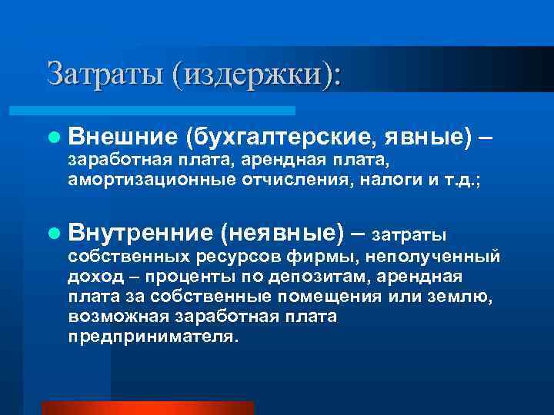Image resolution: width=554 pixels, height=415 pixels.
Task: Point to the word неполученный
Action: tap(435, 256)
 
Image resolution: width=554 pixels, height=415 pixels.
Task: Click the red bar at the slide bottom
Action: tap(147, 408)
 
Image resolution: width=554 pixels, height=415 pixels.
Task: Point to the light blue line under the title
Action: tap(169, 111)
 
